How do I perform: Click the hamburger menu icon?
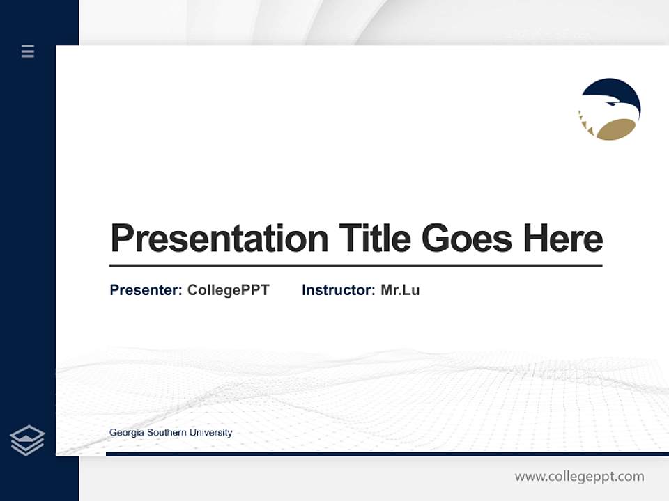coord(28,51)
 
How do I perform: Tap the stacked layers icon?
coord(27,440)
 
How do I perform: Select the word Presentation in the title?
coord(219,239)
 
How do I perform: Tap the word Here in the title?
coord(563,238)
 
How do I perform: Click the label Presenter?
coord(146,290)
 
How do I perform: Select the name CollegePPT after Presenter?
coord(228,290)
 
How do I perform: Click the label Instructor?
coord(338,290)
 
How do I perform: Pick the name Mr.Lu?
coord(400,290)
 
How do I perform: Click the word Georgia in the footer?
coord(126,433)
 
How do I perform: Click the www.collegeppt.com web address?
coord(579,477)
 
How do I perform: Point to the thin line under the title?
coord(355,266)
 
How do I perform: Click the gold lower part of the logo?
coord(616,129)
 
